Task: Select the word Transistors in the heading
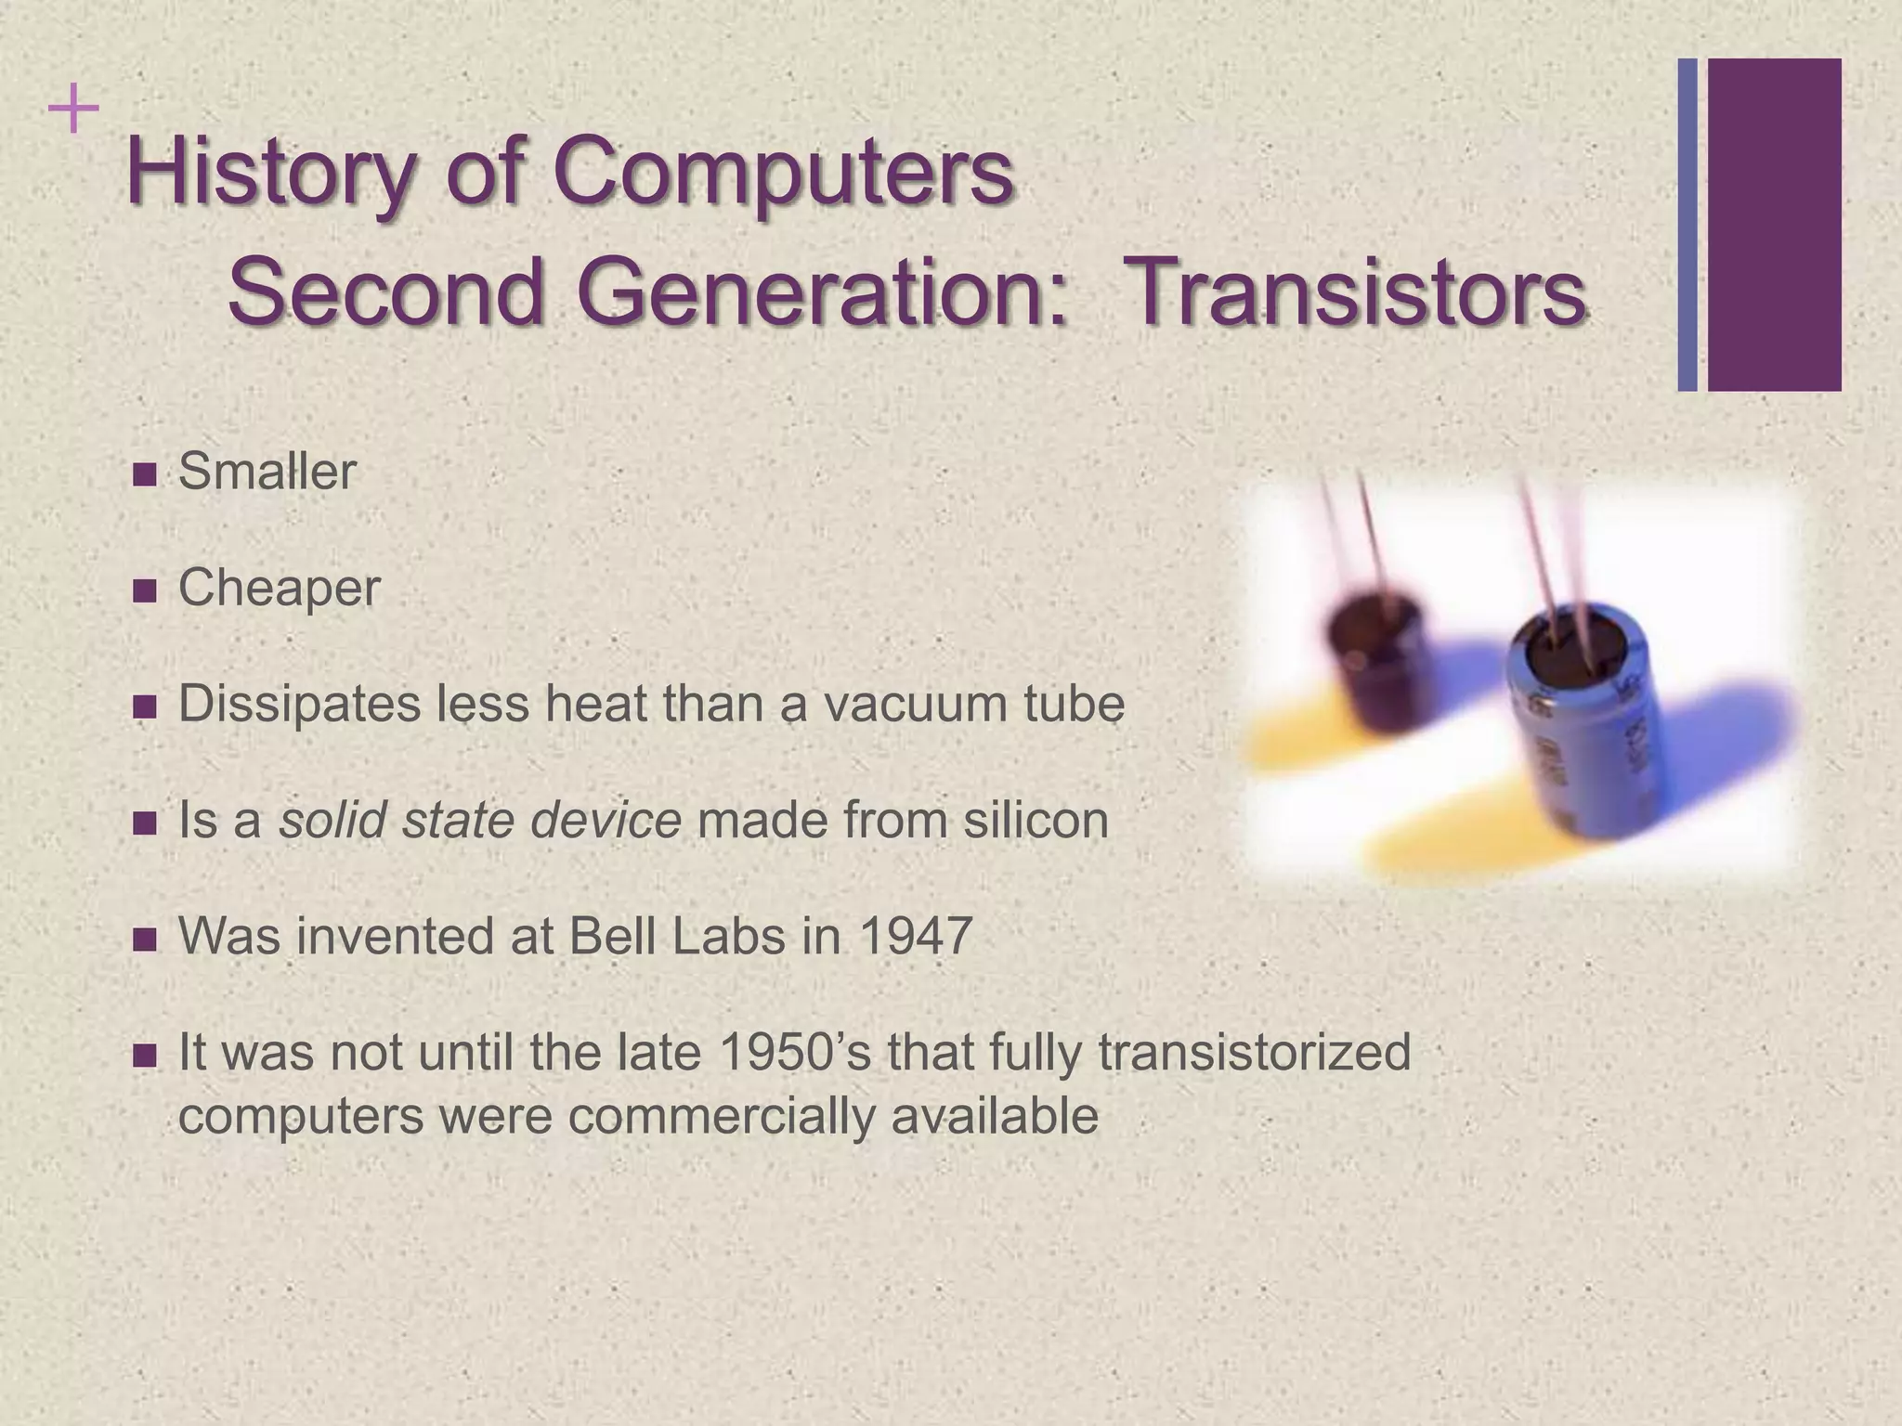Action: pyautogui.click(x=1361, y=292)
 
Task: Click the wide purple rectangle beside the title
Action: pyautogui.click(x=1774, y=225)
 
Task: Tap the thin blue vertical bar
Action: pyautogui.click(x=1687, y=225)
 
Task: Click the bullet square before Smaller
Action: pyautogui.click(x=145, y=474)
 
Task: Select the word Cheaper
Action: pyautogui.click(x=279, y=589)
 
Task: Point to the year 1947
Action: pyautogui.click(x=916, y=936)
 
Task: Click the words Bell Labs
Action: pyautogui.click(x=677, y=936)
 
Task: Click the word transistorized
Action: pyautogui.click(x=1254, y=1052)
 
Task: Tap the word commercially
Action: pyautogui.click(x=721, y=1115)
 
